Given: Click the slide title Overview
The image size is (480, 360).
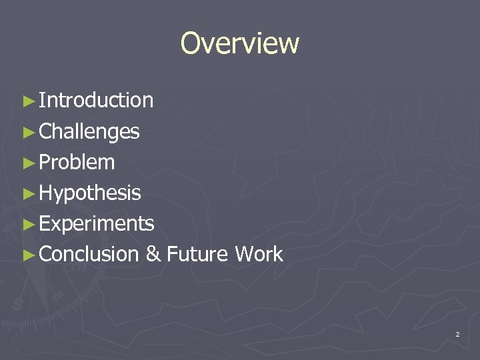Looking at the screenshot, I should [240, 43].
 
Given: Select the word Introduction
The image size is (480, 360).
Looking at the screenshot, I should [96, 101].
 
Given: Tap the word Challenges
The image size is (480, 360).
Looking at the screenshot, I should [89, 132].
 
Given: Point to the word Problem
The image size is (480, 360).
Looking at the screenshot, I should [77, 162].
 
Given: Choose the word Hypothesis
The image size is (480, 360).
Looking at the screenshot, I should [90, 193].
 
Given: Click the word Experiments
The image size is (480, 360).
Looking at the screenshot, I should [97, 224].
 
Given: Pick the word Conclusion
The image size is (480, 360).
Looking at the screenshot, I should [89, 254].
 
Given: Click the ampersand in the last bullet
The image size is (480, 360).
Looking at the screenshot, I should [153, 255].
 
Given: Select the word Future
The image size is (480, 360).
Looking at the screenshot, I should [197, 254].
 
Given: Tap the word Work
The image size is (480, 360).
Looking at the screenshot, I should [259, 254].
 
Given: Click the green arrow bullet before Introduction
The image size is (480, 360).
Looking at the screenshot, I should [27, 101].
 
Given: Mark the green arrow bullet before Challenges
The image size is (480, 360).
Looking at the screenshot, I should [27, 132].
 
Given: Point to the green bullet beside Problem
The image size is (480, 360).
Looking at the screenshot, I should [27, 163].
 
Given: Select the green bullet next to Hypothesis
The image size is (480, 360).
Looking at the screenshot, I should [27, 193].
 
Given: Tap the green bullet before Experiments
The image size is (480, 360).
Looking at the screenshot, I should [27, 224].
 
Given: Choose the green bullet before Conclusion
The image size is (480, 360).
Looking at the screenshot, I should [27, 255].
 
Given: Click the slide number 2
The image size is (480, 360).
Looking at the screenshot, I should [457, 334].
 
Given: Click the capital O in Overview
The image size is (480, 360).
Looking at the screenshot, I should [191, 44].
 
